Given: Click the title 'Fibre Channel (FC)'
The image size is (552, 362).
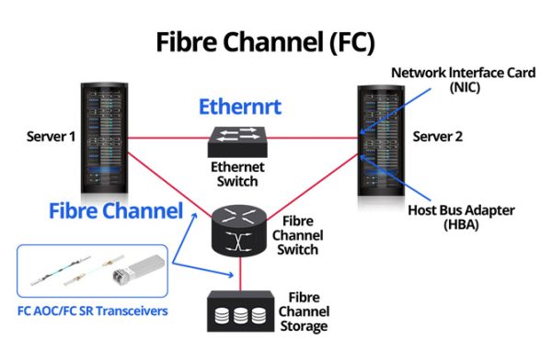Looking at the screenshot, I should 265,42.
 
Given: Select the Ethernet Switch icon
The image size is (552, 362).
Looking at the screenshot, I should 238,139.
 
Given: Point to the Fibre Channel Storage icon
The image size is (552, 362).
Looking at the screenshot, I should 239,311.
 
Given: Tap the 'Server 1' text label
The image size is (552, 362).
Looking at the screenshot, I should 48,137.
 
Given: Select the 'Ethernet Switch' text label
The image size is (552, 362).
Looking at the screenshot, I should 238,174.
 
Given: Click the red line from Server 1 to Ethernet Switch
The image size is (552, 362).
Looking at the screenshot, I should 166,139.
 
